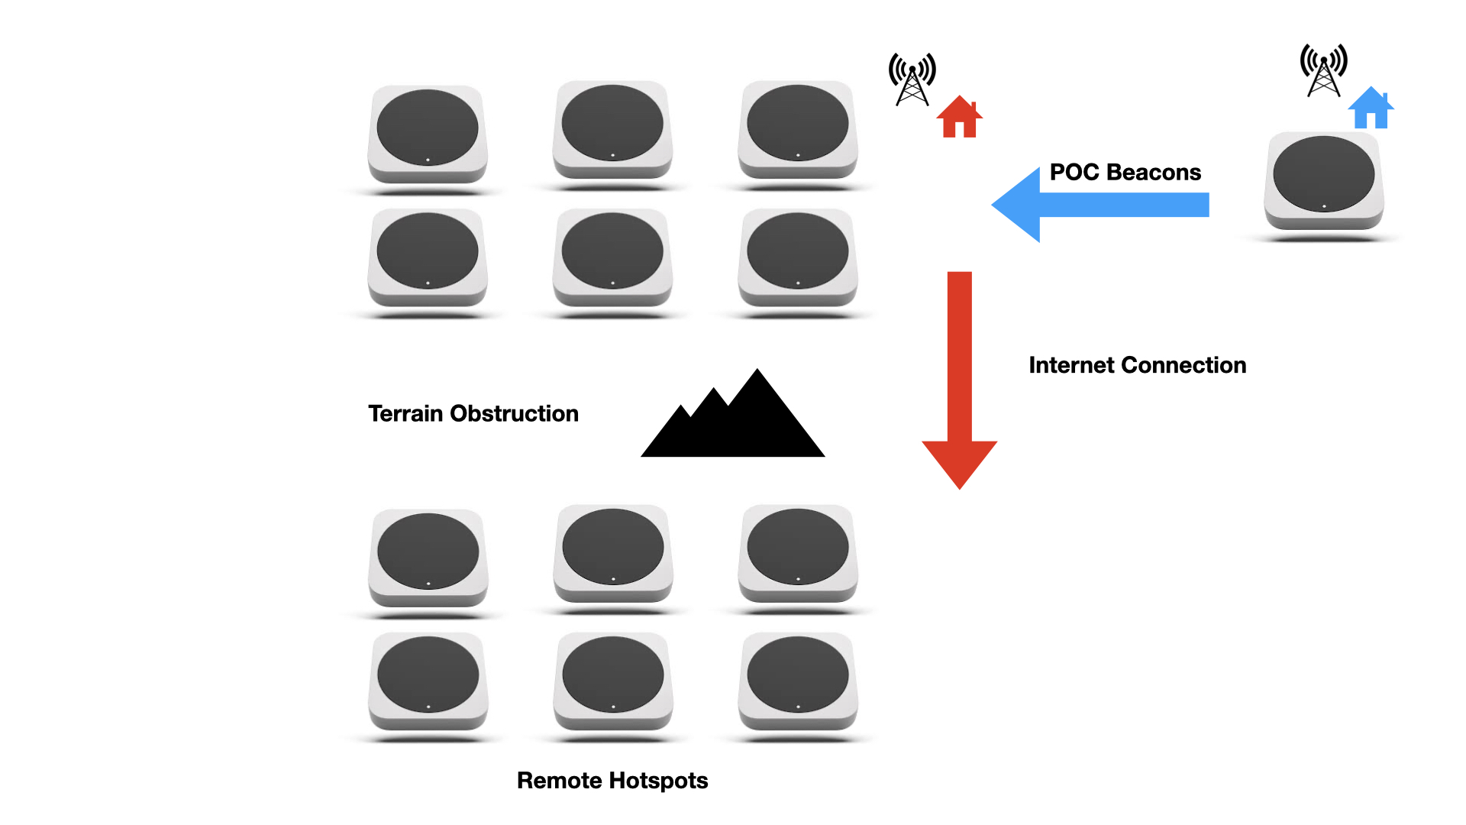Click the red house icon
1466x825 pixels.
coord(959,118)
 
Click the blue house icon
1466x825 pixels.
coord(1371,109)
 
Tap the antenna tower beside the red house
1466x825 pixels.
coord(912,79)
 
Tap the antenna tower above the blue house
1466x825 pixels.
coord(1323,70)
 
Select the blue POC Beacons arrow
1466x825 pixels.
coord(1099,205)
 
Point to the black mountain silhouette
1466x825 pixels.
coord(733,425)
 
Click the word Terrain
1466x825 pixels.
coord(405,413)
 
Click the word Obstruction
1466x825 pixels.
coord(514,413)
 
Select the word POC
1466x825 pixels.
coord(1074,172)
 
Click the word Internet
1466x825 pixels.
coord(1070,365)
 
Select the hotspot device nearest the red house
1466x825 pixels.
coord(797,130)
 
